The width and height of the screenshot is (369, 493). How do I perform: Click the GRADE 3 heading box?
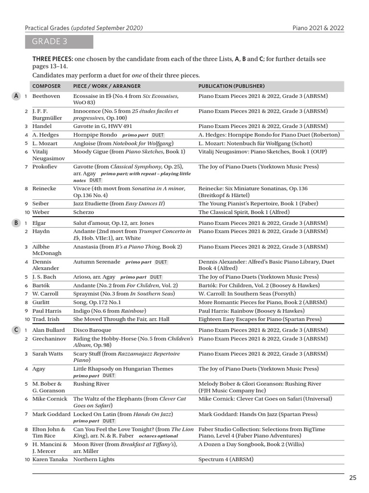point(59,42)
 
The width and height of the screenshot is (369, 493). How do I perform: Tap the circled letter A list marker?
point(16,96)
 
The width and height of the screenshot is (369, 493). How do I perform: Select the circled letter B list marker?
point(16,223)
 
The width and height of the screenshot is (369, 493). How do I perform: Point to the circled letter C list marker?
point(16,330)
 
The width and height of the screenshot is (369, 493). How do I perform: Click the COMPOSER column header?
point(47,86)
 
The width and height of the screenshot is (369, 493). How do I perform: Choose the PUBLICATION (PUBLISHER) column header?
point(232,86)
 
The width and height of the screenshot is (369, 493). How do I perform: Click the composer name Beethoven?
point(46,96)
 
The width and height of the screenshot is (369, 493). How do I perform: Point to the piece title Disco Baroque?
point(92,330)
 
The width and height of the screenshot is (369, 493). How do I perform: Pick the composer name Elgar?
point(39,223)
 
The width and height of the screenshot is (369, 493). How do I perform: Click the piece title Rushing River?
point(91,384)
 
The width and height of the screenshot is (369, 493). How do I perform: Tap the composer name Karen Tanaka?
point(50,460)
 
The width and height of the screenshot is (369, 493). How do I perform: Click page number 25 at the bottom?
point(353,478)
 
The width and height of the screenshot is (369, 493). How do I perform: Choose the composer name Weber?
point(41,212)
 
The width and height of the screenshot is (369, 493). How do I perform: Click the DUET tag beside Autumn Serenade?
point(161,262)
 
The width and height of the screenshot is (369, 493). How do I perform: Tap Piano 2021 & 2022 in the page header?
point(318,28)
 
